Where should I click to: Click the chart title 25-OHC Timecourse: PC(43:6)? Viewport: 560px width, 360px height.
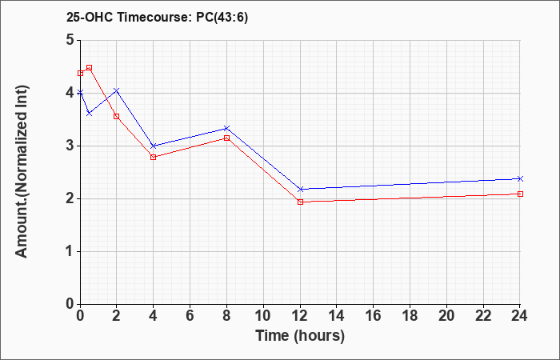coord(157,17)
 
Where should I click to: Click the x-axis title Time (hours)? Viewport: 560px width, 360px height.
coord(300,336)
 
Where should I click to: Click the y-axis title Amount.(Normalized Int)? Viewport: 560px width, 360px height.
coord(22,171)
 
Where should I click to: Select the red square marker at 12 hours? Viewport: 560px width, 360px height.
coord(300,202)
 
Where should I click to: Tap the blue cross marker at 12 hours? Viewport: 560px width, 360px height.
coord(300,189)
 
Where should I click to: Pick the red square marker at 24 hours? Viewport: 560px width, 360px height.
coord(520,194)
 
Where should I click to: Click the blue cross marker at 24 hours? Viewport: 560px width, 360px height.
coord(520,178)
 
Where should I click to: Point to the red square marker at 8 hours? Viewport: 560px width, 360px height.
coord(226,138)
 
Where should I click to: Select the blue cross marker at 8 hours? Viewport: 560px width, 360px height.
coord(226,128)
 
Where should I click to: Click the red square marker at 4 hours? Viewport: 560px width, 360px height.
coord(154,157)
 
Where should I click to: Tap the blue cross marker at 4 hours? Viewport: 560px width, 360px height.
coord(154,146)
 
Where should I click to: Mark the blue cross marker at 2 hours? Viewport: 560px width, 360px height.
coord(117,90)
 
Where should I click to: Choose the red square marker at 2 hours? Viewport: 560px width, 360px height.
coord(117,117)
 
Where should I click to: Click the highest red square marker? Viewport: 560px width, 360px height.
coord(90,67)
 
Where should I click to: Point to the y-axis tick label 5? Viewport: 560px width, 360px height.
coord(70,40)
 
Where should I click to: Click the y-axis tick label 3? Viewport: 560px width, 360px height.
coord(70,146)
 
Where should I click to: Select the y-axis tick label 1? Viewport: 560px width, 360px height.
coord(70,251)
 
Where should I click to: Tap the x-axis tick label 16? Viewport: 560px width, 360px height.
coord(374,316)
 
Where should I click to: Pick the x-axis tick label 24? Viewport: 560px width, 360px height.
coord(520,316)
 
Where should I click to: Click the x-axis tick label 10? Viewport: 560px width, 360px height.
coord(263,316)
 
